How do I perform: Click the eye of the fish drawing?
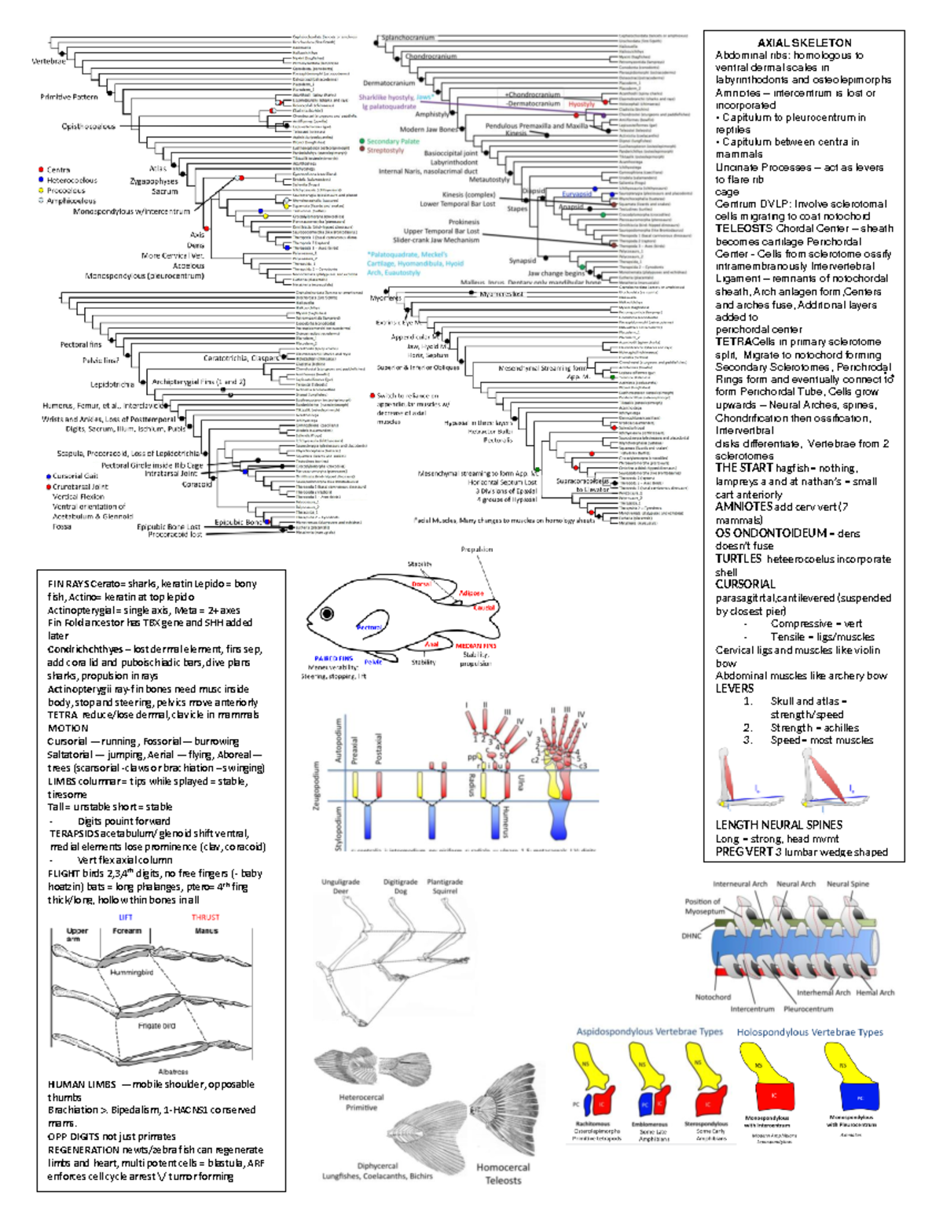coord(327,613)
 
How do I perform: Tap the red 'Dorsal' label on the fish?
coord(422,584)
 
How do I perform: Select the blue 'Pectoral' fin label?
coord(369,627)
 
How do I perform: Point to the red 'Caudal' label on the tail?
coord(484,608)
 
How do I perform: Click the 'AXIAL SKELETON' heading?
coord(804,43)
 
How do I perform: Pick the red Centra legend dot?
coord(41,169)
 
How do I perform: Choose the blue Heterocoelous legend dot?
coord(41,180)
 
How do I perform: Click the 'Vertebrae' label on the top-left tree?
coord(49,61)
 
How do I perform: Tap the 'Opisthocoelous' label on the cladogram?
coord(88,127)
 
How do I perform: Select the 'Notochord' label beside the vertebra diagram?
coord(713,997)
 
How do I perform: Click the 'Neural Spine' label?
coord(847,884)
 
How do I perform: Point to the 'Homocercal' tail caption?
coord(503,1168)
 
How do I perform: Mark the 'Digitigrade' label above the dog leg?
coord(400,882)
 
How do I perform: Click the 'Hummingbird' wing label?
coord(131,973)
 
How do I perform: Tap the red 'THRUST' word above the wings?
coord(205,918)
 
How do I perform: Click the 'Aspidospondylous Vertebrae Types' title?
coord(649,1032)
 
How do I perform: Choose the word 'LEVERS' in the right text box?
coord(734,688)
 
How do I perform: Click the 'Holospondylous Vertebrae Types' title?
coord(809,1032)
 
